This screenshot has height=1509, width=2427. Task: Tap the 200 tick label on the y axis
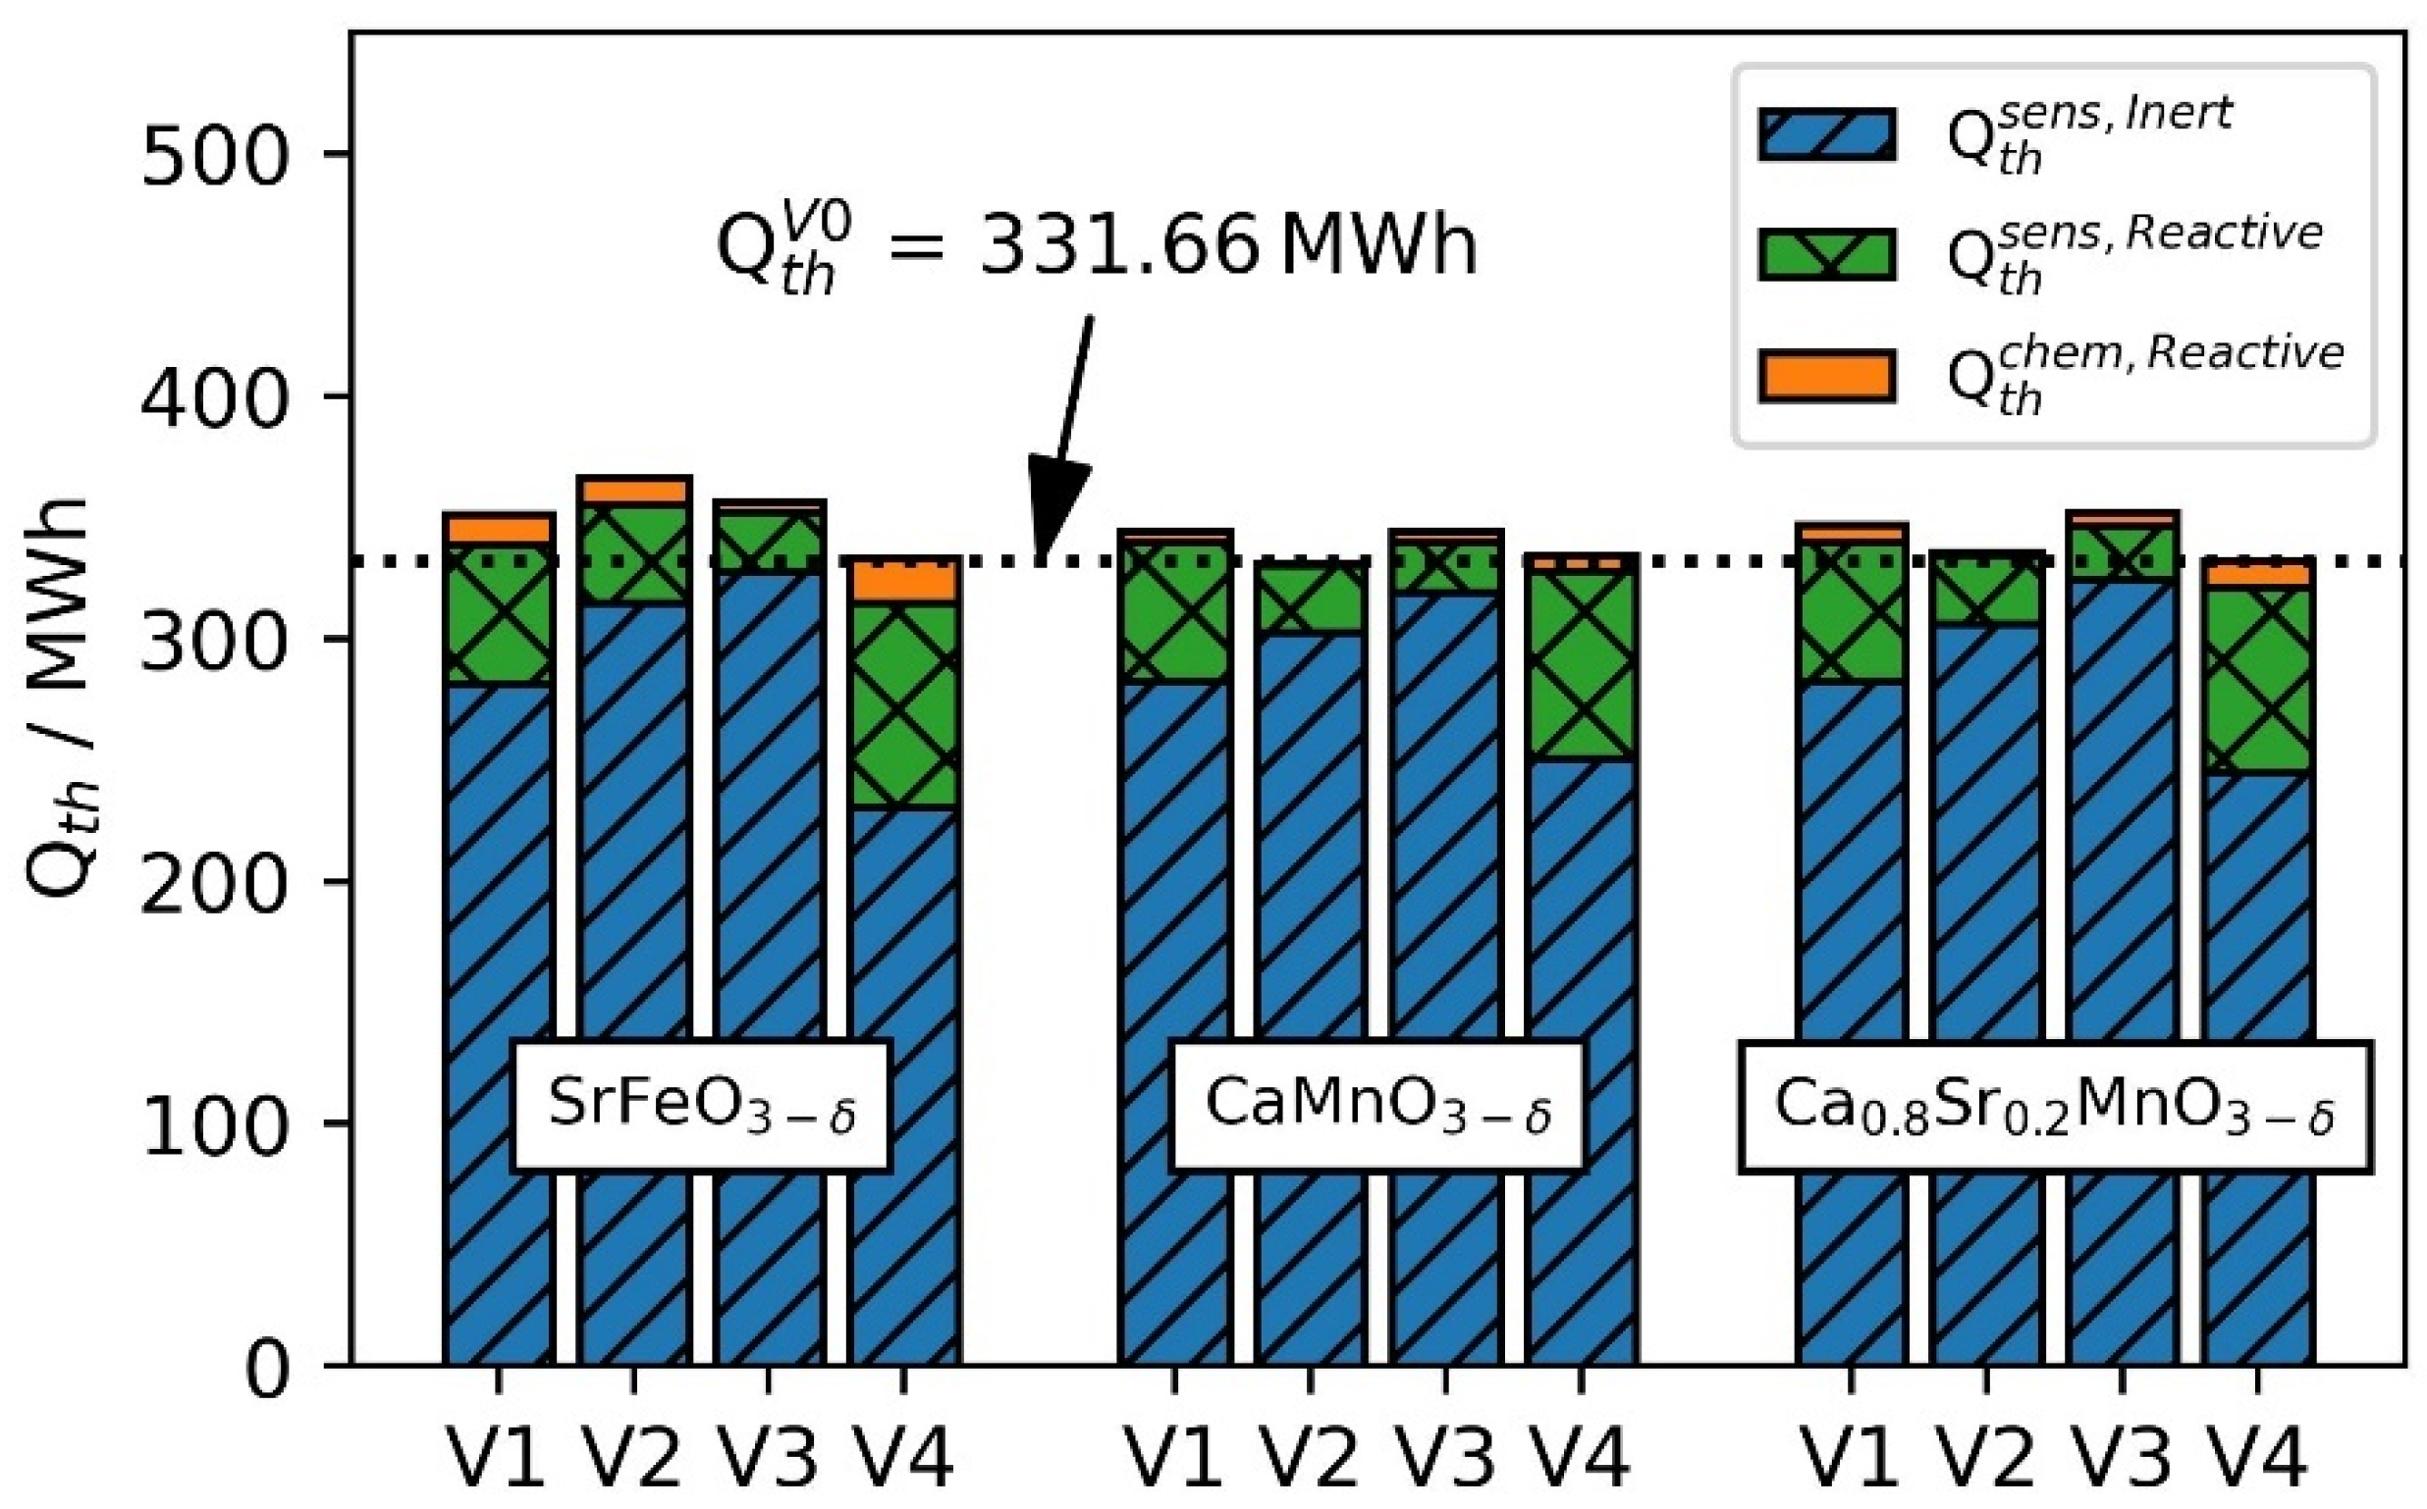coord(214,884)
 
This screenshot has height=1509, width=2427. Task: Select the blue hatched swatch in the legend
coord(1826,134)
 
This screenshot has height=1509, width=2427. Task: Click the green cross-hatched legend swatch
coord(1826,255)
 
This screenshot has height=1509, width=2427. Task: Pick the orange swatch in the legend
coord(1826,376)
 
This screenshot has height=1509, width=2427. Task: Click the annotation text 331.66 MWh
coord(1227,246)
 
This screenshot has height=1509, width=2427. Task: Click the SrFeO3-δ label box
coord(701,1106)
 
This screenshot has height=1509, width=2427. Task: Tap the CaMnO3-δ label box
coord(1376,1106)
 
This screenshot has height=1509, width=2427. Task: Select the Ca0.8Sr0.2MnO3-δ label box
coord(2054,1106)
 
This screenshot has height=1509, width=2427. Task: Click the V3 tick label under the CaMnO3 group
coord(1444,1458)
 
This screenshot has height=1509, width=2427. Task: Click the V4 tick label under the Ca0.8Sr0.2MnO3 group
coord(2256,1458)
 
